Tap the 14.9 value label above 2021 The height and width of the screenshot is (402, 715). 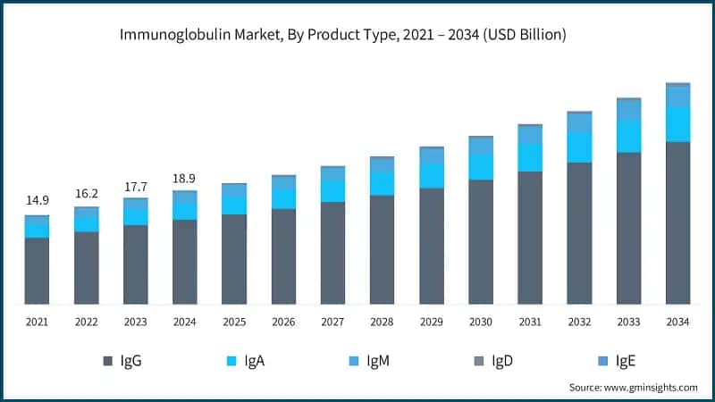click(37, 200)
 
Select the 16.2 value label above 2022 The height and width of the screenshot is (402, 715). click(87, 192)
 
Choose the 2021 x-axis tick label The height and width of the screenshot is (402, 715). click(37, 322)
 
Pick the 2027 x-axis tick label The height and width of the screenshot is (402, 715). click(332, 322)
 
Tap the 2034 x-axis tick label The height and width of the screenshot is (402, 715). click(677, 322)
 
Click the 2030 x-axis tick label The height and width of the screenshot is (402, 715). click(481, 322)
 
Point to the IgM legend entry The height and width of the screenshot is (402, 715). click(368, 361)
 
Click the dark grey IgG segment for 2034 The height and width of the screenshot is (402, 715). click(677, 223)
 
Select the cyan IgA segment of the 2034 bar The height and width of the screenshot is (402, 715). click(677, 124)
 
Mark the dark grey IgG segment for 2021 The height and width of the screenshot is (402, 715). click(37, 271)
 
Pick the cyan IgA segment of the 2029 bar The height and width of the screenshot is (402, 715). click(432, 176)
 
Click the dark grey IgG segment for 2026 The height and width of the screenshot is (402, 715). click(283, 256)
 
